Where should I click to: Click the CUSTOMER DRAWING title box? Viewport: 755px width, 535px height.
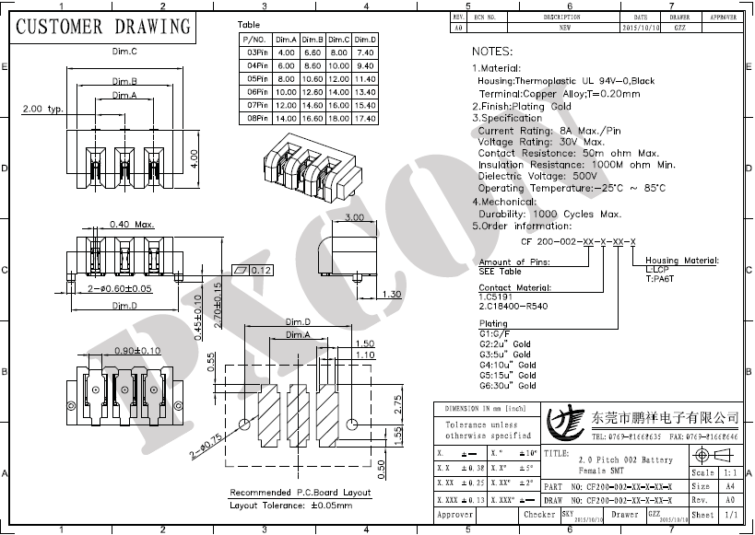104,26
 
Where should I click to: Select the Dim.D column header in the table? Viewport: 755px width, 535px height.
365,40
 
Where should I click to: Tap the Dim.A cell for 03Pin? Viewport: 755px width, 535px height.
285,52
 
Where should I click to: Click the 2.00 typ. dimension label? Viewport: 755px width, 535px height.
42,110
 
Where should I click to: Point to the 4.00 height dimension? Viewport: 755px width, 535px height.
195,157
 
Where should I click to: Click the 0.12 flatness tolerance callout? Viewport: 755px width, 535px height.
261,271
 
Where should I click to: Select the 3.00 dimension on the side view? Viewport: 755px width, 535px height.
353,217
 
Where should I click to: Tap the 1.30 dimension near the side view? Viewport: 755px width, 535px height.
392,295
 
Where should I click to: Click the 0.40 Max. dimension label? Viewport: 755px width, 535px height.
132,224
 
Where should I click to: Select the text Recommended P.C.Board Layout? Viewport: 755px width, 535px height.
300,493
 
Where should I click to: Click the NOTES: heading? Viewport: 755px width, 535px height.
494,52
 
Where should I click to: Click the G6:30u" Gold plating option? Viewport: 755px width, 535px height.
507,389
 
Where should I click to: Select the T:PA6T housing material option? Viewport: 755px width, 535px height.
661,278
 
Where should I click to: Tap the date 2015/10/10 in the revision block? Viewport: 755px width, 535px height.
641,29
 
